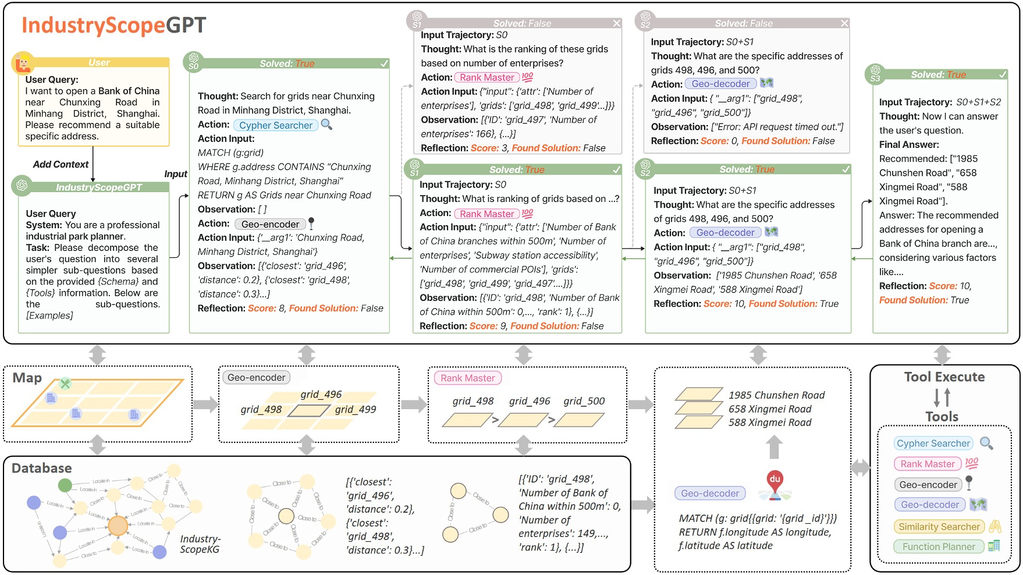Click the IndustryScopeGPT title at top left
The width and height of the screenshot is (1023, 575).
point(114,25)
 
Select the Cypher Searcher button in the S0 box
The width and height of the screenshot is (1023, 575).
point(276,125)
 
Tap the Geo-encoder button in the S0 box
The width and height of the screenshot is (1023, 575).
point(270,224)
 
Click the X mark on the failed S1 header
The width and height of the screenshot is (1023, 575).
point(616,23)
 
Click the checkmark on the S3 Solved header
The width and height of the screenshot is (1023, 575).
point(1002,74)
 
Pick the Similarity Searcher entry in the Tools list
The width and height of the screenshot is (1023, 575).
point(939,527)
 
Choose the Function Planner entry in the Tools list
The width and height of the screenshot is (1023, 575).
point(938,546)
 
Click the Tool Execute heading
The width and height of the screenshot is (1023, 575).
point(944,377)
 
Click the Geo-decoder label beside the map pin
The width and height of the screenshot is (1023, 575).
point(710,494)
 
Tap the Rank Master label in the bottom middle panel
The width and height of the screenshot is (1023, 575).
point(467,378)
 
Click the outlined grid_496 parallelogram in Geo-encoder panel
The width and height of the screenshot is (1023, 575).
point(309,411)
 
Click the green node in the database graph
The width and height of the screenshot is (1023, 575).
point(65,485)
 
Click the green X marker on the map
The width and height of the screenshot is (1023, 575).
point(65,383)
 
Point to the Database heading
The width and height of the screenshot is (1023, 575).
point(41,468)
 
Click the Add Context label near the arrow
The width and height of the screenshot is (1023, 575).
point(61,165)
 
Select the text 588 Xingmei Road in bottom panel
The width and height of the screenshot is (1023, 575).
point(769,423)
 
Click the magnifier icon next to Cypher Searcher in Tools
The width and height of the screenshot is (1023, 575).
point(986,443)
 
